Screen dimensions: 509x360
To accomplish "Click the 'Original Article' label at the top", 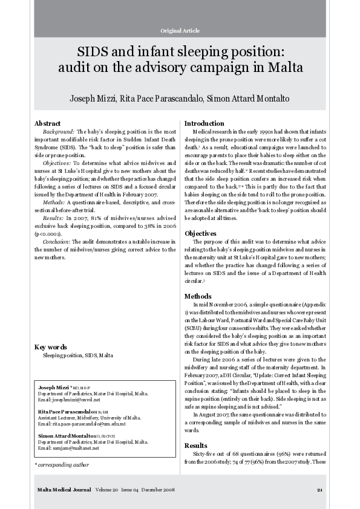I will [180, 30].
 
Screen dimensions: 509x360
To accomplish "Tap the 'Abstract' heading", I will [48, 123].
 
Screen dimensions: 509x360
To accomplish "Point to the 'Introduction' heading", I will [204, 123].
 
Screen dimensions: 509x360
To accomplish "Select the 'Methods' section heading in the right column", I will [198, 297].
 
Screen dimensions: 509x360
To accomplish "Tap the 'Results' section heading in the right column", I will [197, 446].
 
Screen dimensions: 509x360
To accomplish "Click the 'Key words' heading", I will [51, 348].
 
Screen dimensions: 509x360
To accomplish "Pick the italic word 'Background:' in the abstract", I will [58, 131].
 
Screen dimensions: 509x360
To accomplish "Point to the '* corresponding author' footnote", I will [61, 465].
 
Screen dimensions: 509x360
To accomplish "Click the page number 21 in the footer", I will [319, 489].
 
